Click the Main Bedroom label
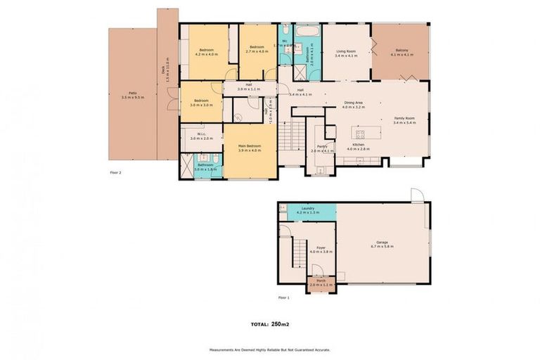pos(250,147)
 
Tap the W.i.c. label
pos(201,136)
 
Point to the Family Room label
pos(404,119)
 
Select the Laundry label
pos(307,209)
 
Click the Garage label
pos(382,243)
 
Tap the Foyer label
pos(321,247)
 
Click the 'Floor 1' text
pos(283,298)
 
